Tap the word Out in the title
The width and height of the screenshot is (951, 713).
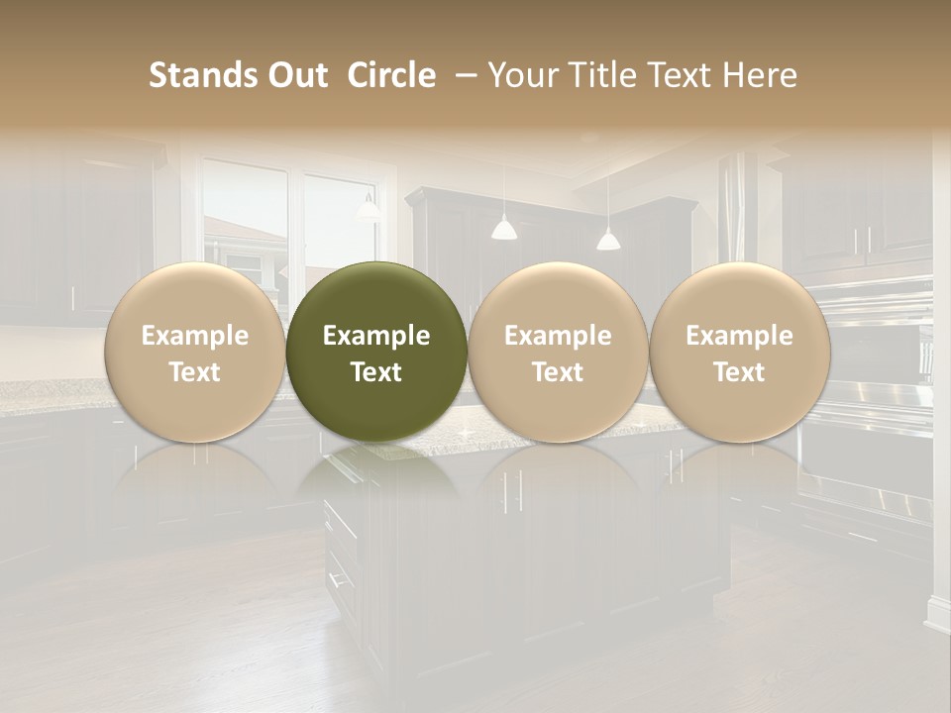294,75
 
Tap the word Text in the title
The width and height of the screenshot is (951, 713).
680,75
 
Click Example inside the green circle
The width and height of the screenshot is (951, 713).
376,336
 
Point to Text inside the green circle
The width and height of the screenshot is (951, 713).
376,372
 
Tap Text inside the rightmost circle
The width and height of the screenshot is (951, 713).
739,372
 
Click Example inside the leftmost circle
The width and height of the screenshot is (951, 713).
194,336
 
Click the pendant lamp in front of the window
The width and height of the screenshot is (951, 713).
368,208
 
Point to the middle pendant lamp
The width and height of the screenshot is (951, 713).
504,229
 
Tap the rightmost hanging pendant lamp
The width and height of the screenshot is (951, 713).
608,239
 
